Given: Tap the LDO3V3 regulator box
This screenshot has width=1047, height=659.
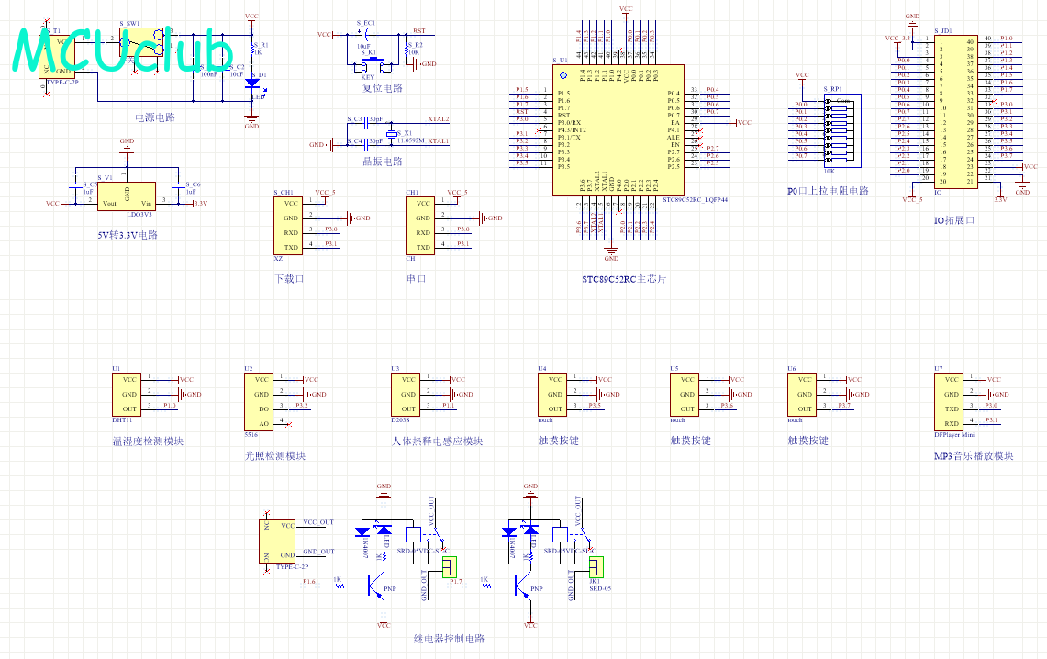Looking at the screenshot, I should [x=127, y=195].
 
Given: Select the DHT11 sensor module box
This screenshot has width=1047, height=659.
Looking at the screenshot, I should [x=128, y=394].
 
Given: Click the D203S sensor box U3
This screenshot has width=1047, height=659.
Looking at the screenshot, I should [x=404, y=394].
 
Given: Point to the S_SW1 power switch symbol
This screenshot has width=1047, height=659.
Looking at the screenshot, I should [x=143, y=43].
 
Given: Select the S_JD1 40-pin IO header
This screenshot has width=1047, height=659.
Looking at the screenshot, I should [x=956, y=111].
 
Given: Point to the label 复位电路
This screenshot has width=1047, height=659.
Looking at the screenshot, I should [x=383, y=88].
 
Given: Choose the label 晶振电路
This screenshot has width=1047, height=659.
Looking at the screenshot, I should [x=383, y=162].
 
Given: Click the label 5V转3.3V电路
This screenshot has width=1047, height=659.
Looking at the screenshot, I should [x=128, y=234].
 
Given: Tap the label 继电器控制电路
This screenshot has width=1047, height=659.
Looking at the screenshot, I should [x=449, y=639].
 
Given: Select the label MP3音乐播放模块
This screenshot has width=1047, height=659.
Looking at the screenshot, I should [x=974, y=455].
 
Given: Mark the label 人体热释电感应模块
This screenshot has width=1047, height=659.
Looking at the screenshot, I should [x=437, y=441].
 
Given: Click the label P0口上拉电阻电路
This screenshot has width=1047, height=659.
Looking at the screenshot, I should [x=828, y=191].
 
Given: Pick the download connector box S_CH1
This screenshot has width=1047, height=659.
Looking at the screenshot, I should [x=290, y=225].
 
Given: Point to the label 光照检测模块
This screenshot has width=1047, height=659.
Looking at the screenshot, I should [x=275, y=455].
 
